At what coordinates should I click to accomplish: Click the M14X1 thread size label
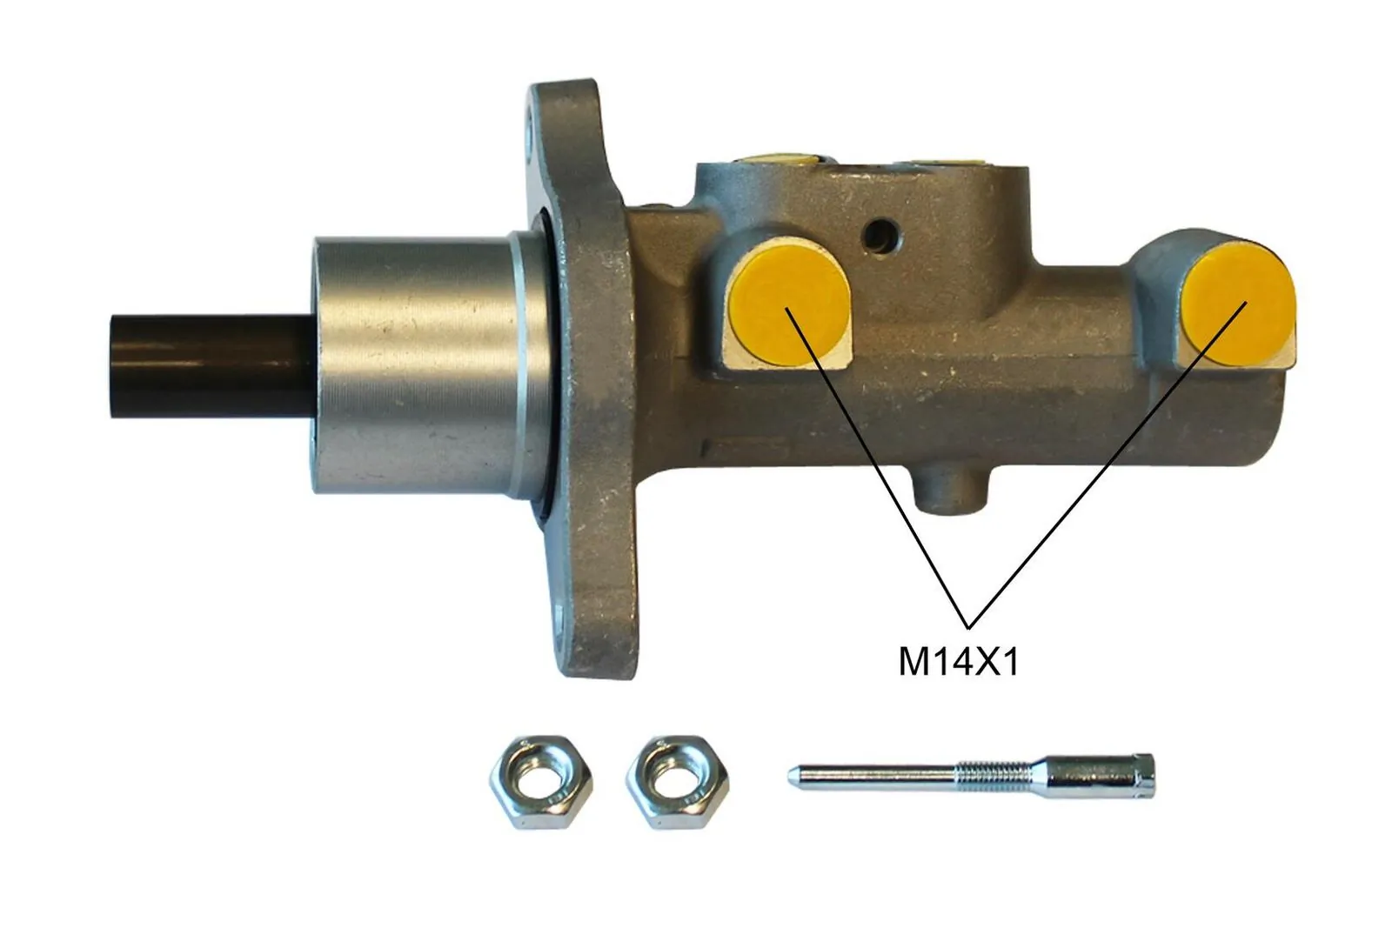click(x=959, y=663)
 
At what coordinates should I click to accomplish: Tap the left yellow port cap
click(x=788, y=307)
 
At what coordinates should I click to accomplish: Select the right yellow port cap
click(x=1239, y=304)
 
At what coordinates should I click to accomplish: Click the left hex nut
click(x=540, y=781)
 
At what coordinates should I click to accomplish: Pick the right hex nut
click(x=678, y=781)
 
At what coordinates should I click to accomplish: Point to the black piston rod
click(x=211, y=366)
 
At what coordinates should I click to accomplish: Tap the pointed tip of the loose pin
click(x=791, y=777)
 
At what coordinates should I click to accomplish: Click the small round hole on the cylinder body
click(x=880, y=236)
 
